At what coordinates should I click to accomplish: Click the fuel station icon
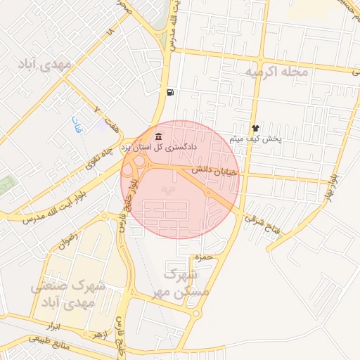pyautogui.click(x=170, y=92)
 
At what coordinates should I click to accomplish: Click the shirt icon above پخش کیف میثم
pyautogui.click(x=255, y=128)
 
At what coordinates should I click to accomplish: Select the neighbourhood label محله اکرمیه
pyautogui.click(x=275, y=72)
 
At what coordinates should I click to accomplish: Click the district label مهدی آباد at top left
pyautogui.click(x=47, y=65)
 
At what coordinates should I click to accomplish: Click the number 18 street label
pyautogui.click(x=110, y=33)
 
